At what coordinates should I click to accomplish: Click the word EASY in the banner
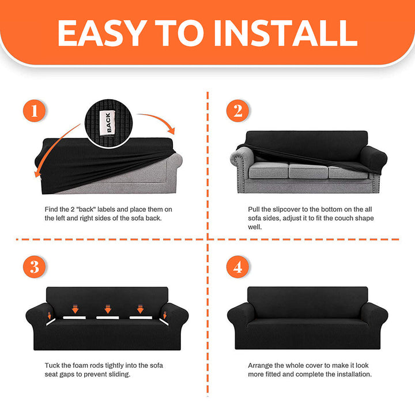coord(102,33)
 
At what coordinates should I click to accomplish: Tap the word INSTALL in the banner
coord(286,33)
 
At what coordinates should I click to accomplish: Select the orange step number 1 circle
coord(35,111)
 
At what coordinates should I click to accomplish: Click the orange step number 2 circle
coord(237,111)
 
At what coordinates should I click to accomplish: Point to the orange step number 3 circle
coord(35,267)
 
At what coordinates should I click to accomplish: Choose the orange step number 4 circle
coord(237,267)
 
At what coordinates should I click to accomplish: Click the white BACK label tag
coord(107,123)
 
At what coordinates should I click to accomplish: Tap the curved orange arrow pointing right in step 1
coord(159,120)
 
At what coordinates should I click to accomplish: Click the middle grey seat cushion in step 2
coord(308,171)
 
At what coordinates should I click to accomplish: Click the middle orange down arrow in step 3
coord(108,309)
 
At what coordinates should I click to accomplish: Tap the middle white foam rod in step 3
coord(107,318)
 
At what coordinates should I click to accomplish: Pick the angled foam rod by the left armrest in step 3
coord(51,322)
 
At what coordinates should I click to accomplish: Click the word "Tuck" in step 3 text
coord(52,365)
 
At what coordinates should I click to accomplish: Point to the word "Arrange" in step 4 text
coord(260,366)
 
